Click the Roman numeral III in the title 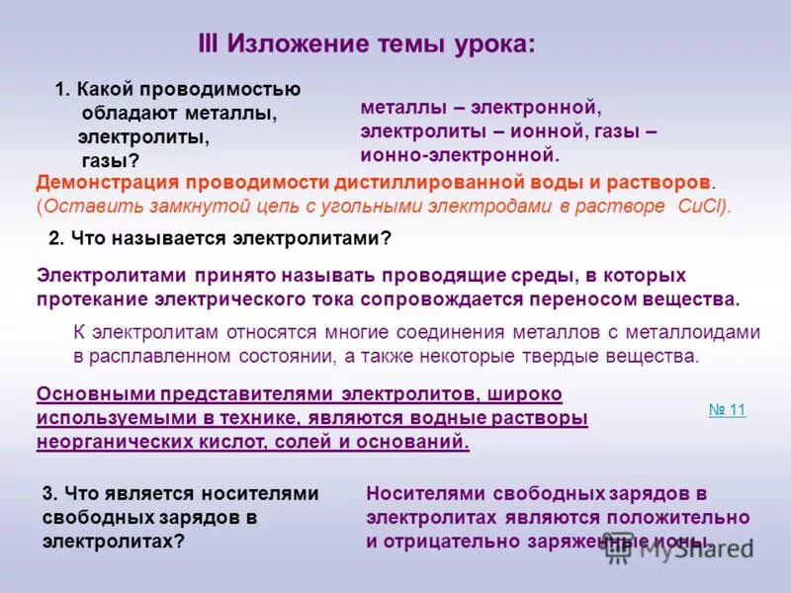pyautogui.click(x=210, y=43)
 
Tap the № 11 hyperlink pyautogui.click(x=727, y=410)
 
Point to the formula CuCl pyautogui.click(x=701, y=206)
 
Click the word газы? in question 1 pyautogui.click(x=110, y=159)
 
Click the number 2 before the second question pyautogui.click(x=55, y=237)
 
